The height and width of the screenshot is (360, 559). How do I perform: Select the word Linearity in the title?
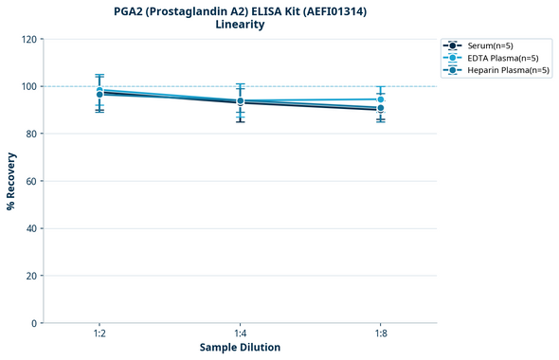(241, 25)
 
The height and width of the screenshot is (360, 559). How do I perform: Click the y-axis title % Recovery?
(11, 181)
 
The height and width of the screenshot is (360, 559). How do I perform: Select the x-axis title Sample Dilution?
(240, 348)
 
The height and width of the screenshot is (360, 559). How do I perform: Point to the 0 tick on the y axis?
(34, 323)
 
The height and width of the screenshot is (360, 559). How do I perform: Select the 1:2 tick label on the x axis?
(99, 333)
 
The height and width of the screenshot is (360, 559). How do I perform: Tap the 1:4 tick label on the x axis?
(240, 333)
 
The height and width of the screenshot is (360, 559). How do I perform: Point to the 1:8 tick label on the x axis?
(381, 333)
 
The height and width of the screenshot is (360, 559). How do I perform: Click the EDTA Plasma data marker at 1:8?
(381, 99)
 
